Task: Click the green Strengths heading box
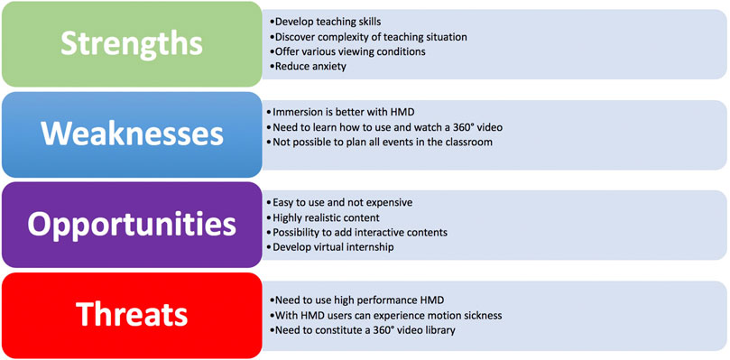[132, 43]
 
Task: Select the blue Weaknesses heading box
[132, 134]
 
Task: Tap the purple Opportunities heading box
[132, 224]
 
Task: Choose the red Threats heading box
[132, 314]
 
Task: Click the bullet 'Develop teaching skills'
[327, 22]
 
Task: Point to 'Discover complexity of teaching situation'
[370, 37]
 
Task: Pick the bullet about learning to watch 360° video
[386, 127]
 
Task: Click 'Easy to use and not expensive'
[342, 202]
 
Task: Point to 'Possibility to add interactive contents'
[359, 232]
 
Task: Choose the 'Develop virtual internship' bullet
[333, 247]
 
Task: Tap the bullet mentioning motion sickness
[387, 316]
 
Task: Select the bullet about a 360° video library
[364, 330]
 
